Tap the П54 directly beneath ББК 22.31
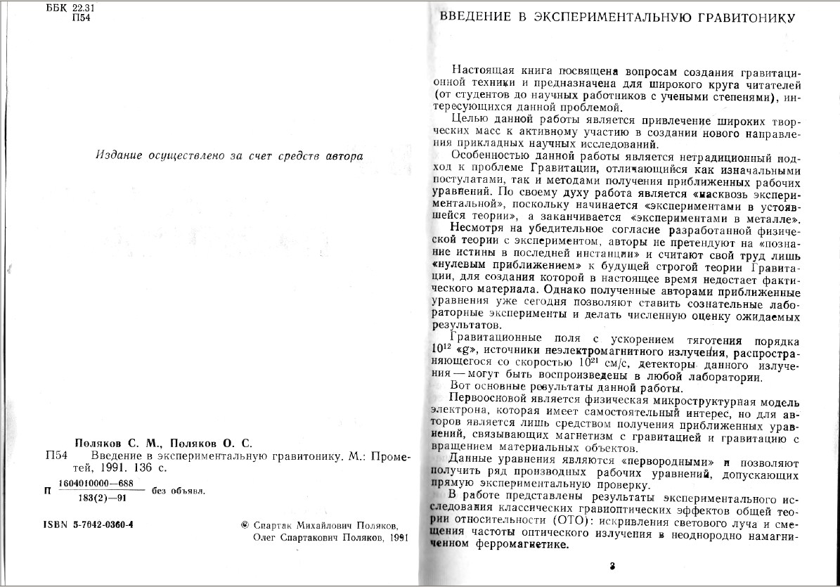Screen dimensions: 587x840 click(82, 18)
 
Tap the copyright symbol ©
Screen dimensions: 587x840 click(244, 525)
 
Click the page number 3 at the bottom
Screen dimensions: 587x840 click(612, 565)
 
